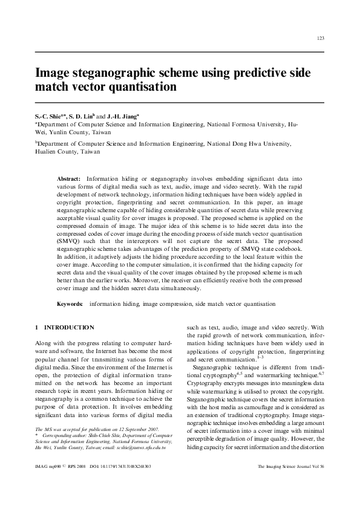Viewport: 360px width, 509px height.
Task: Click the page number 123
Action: coord(320,39)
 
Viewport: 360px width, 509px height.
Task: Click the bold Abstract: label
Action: coord(68,180)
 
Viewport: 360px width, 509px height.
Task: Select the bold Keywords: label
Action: coord(70,304)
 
